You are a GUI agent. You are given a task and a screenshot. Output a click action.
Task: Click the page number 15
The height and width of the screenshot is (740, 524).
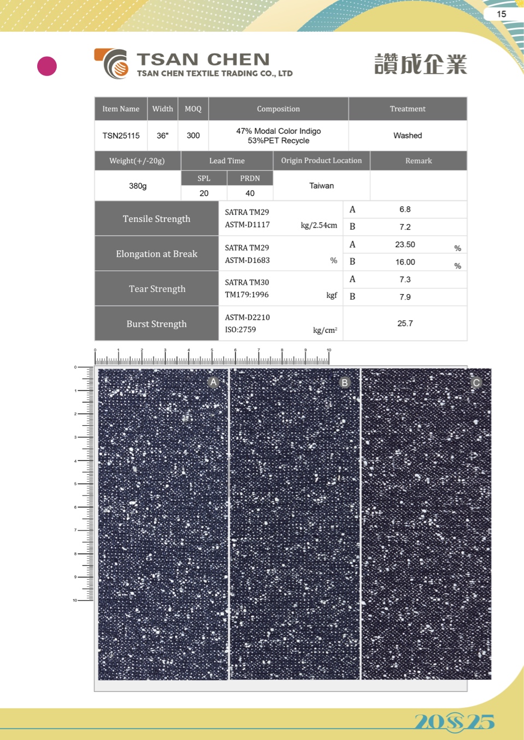click(x=501, y=14)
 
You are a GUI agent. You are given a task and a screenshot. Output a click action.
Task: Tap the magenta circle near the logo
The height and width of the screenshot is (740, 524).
click(x=47, y=66)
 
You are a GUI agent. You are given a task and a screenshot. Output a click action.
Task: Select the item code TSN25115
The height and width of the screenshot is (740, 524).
click(x=121, y=135)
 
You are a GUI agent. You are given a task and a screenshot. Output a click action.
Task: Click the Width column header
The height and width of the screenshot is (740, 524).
click(x=162, y=109)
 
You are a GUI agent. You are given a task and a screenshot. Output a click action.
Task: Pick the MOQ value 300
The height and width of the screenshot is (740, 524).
click(x=193, y=135)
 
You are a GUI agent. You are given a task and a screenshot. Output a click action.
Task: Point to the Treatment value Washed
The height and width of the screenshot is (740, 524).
click(x=408, y=135)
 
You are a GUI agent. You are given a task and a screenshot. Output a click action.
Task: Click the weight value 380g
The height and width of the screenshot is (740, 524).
click(x=138, y=186)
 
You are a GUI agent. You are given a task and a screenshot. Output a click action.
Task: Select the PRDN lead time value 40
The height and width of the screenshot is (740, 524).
click(x=250, y=193)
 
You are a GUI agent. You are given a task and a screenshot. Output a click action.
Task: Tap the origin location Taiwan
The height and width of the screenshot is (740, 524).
click(x=321, y=186)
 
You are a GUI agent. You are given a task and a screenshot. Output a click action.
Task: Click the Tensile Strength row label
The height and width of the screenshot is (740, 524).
click(x=156, y=219)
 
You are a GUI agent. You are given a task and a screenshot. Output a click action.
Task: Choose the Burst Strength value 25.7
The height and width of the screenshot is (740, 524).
click(x=405, y=323)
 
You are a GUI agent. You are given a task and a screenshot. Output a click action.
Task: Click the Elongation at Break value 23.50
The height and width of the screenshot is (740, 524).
click(x=405, y=244)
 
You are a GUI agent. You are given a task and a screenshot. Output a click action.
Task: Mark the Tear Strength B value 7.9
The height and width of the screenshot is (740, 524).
click(x=405, y=297)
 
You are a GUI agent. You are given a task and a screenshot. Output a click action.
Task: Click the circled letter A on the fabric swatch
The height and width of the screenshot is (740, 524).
click(x=214, y=382)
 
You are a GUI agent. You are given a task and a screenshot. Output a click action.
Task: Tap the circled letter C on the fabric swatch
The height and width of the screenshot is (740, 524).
click(x=476, y=383)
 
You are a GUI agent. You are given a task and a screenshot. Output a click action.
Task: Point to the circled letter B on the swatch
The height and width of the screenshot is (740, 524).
click(x=344, y=383)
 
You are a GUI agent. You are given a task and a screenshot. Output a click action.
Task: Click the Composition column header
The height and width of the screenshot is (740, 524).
click(x=278, y=109)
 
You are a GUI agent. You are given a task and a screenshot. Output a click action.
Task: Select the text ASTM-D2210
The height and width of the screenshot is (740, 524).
click(x=247, y=317)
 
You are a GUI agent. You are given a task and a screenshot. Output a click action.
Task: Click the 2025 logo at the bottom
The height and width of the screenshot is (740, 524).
click(x=454, y=721)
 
